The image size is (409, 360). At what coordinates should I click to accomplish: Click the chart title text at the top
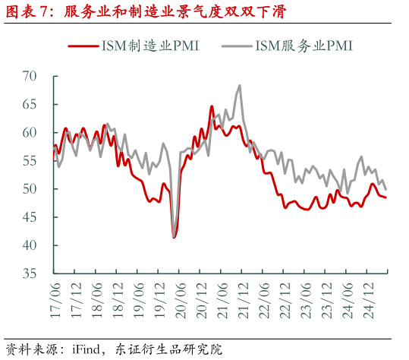coord(144,11)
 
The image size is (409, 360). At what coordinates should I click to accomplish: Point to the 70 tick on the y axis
coord(30,76)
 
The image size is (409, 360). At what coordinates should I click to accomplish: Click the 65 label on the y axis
coord(30,104)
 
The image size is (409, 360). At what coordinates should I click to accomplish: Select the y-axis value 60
coord(30,132)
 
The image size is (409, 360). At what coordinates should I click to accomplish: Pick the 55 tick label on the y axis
coord(30,160)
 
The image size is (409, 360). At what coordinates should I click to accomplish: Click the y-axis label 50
coord(30,188)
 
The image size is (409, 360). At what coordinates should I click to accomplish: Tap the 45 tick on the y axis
coord(30,217)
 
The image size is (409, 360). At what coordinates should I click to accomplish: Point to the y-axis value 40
coord(30,245)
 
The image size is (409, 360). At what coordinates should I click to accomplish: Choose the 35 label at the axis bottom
coord(30,273)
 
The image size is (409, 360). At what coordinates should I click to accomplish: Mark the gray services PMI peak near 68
coord(240,85)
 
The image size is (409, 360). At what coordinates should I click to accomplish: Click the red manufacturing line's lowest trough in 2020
coord(175,238)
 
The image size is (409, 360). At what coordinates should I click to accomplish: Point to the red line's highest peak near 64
coord(212,106)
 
